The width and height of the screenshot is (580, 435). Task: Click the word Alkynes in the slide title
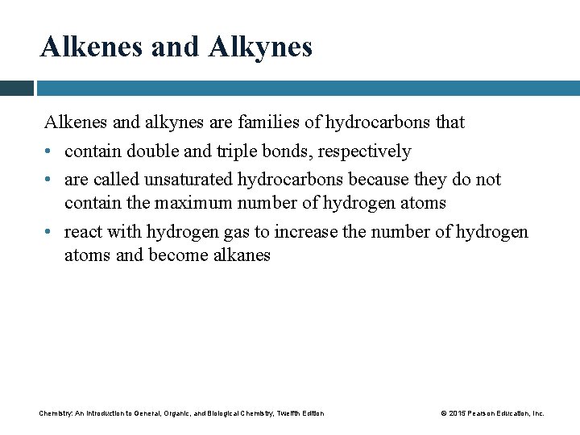[259, 48]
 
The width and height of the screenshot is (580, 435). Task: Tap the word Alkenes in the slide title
[91, 48]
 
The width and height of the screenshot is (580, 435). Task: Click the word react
[82, 232]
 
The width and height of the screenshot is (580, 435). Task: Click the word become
[178, 255]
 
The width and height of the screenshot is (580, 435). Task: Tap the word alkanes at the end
[240, 255]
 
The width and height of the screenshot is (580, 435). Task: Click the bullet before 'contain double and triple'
[49, 151]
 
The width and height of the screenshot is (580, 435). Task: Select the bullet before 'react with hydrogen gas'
[49, 232]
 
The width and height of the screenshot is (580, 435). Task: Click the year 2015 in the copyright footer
[456, 413]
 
